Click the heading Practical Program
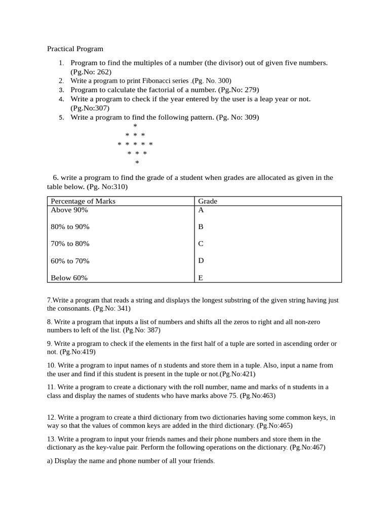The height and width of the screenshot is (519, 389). (x=75, y=49)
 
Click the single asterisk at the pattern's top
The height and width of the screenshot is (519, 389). (x=135, y=126)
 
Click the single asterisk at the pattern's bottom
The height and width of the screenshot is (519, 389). (x=137, y=163)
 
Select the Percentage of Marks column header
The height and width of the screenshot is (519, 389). (x=83, y=201)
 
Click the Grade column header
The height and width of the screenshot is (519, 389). (x=208, y=201)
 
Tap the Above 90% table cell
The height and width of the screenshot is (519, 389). (x=69, y=210)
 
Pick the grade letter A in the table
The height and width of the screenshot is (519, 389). (x=201, y=210)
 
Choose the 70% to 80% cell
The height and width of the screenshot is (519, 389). (x=70, y=244)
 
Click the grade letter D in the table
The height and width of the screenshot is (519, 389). (x=201, y=261)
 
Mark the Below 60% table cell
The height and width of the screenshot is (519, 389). (x=69, y=278)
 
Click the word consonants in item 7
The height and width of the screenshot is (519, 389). (x=75, y=308)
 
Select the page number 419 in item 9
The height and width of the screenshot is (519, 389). (x=87, y=352)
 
